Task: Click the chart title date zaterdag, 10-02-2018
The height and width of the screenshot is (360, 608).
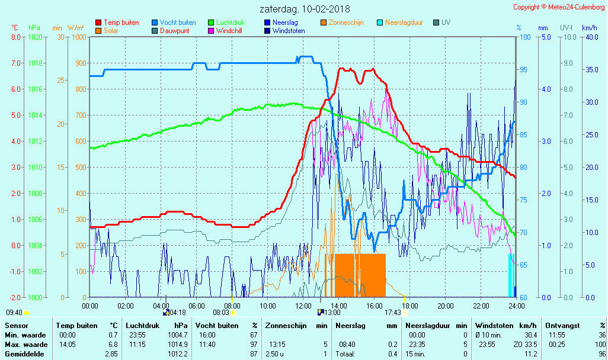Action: [305, 9]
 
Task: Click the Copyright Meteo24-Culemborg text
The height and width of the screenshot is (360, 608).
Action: [559, 7]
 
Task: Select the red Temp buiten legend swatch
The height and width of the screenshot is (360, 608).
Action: [98, 22]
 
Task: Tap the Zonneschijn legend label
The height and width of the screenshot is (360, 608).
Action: [345, 22]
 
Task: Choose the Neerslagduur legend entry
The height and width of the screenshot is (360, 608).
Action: [404, 22]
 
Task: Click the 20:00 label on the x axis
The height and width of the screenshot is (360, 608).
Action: [445, 306]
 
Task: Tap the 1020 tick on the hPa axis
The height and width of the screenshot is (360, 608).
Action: [35, 37]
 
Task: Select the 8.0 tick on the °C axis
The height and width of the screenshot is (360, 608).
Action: [16, 37]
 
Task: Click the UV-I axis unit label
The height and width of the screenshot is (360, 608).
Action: [566, 28]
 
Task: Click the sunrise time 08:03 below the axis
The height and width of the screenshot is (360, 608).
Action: [221, 312]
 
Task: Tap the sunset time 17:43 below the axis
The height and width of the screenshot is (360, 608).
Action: [392, 312]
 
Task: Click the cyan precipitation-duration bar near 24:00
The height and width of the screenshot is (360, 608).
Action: [509, 275]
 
